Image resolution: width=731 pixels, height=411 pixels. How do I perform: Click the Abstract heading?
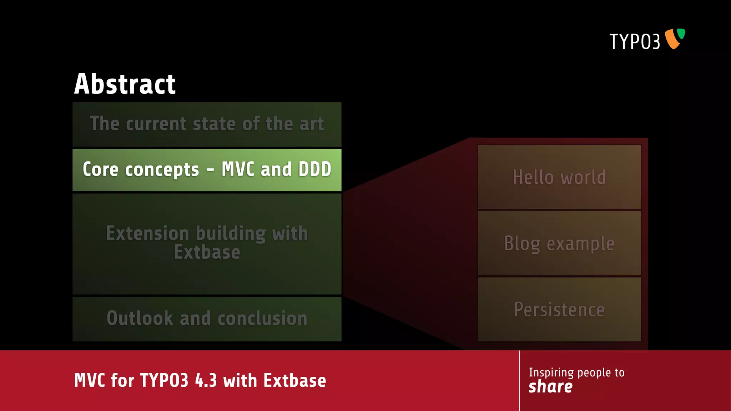pyautogui.click(x=125, y=84)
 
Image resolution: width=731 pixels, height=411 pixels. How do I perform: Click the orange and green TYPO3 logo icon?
pyautogui.click(x=674, y=39)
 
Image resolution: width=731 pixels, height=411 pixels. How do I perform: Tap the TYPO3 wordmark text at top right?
pyautogui.click(x=634, y=42)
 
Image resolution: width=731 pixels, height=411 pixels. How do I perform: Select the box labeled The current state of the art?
pyautogui.click(x=207, y=124)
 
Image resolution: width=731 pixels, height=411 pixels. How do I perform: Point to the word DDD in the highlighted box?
pyautogui.click(x=315, y=169)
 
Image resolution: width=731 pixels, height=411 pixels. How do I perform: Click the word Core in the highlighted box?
pyautogui.click(x=100, y=169)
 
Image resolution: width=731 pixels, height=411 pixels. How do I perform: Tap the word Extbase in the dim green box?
pyautogui.click(x=207, y=253)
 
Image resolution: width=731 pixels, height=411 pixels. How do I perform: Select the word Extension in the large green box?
pyautogui.click(x=147, y=233)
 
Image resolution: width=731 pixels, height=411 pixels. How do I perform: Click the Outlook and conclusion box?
pyautogui.click(x=207, y=318)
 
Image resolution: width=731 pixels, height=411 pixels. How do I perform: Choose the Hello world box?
pyautogui.click(x=559, y=177)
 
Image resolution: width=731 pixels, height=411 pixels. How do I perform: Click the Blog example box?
pyautogui.click(x=559, y=243)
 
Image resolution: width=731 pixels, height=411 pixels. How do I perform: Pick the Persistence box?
pyautogui.click(x=559, y=309)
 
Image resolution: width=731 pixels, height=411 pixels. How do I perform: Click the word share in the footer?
pyautogui.click(x=550, y=387)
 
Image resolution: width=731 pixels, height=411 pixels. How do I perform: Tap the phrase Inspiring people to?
pyautogui.click(x=576, y=372)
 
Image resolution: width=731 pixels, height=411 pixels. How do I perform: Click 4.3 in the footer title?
pyautogui.click(x=206, y=381)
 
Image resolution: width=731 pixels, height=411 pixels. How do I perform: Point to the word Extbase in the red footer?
pyautogui.click(x=295, y=381)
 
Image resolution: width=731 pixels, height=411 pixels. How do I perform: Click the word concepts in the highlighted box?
pyautogui.click(x=162, y=170)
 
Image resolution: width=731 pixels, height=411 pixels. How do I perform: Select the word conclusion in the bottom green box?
pyautogui.click(x=262, y=318)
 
